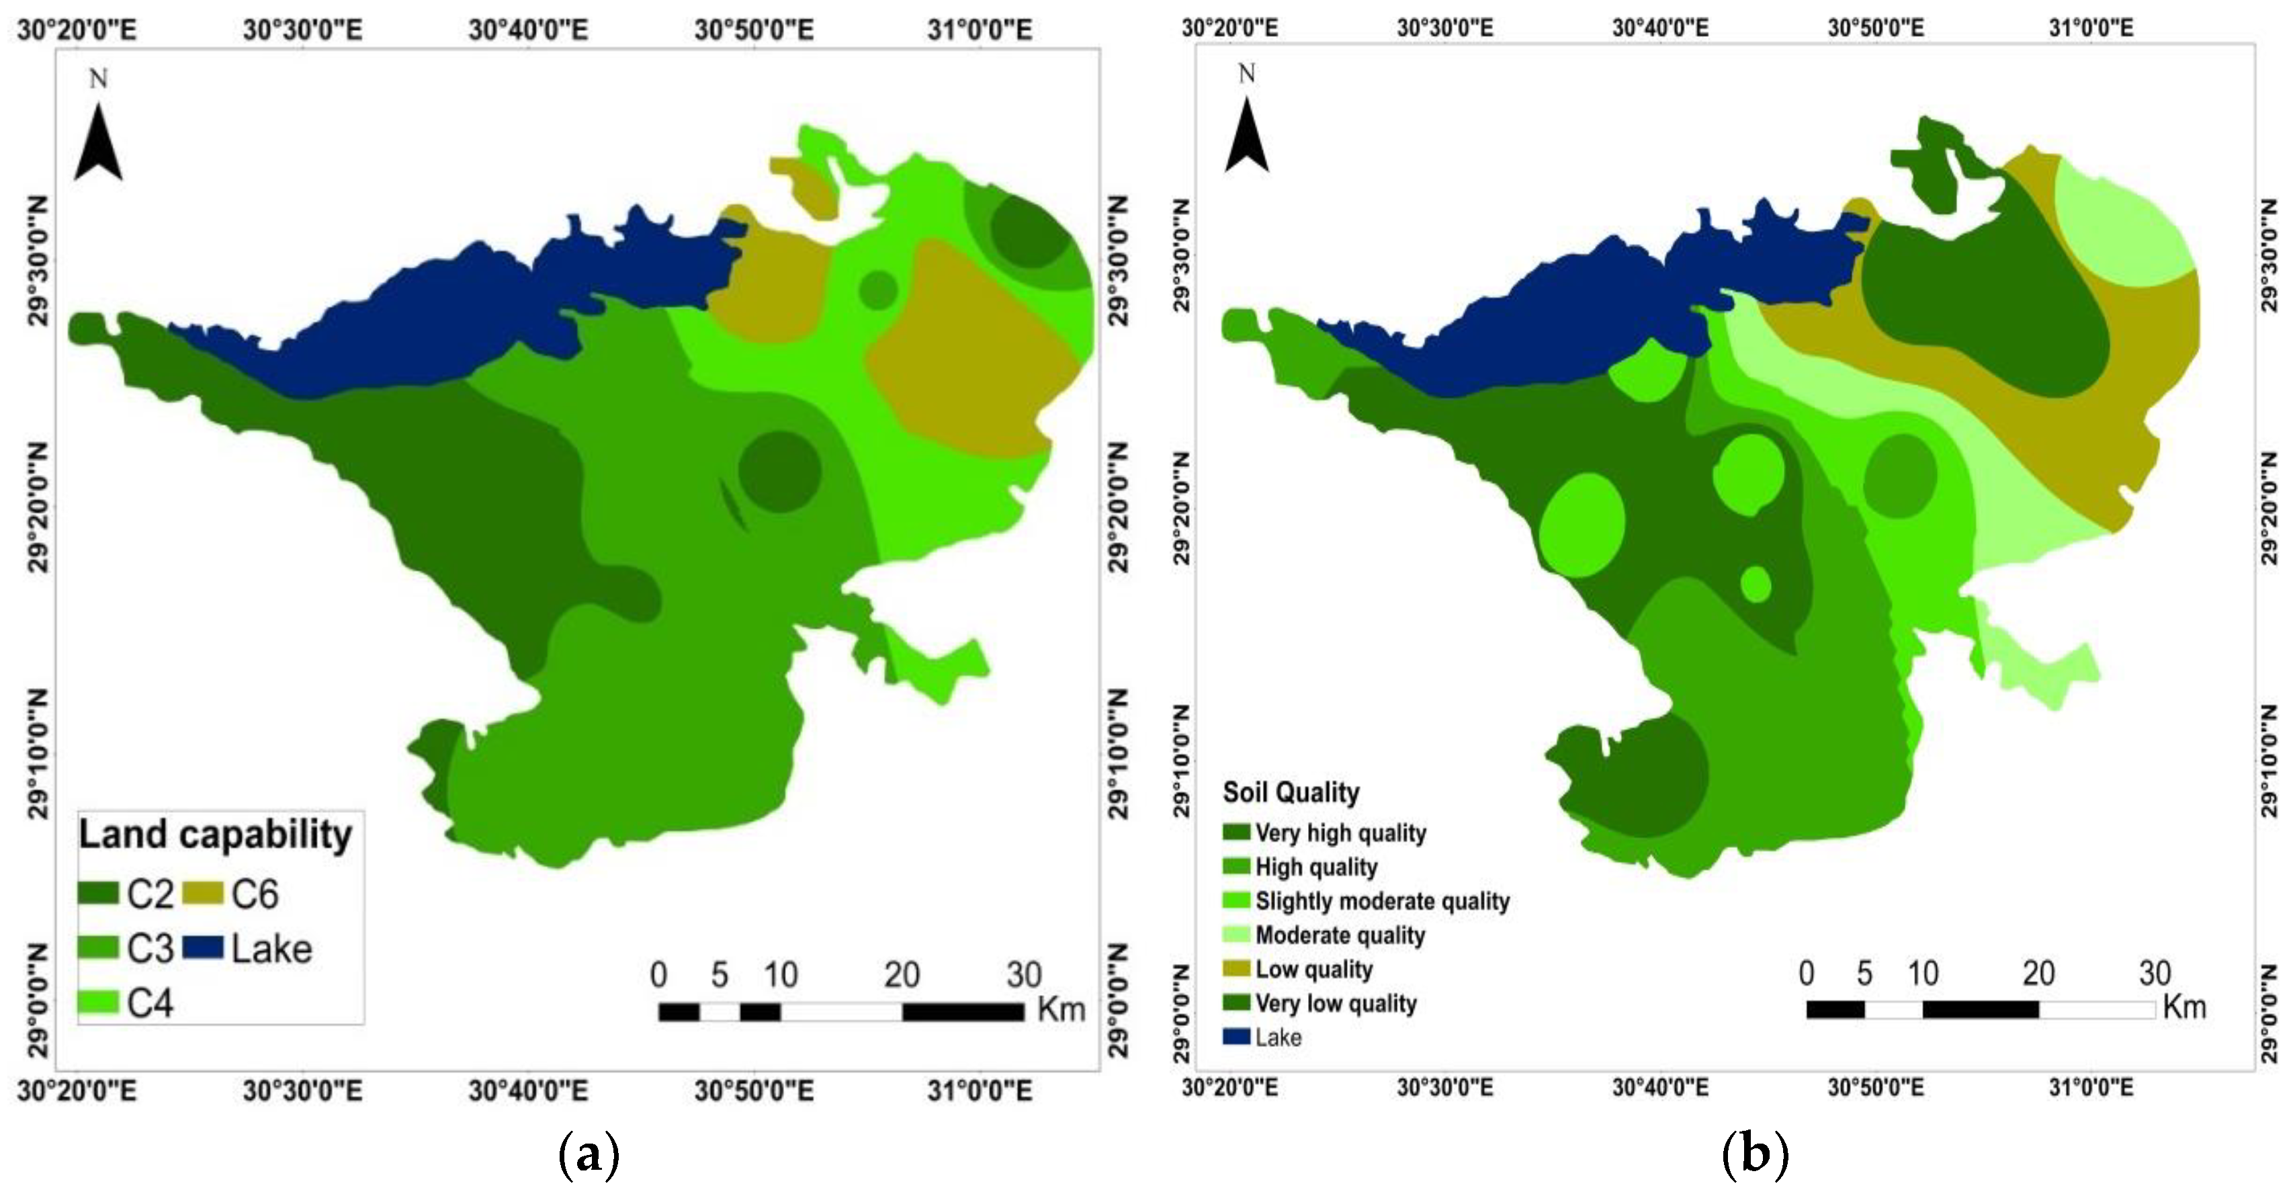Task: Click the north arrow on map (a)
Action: click(98, 142)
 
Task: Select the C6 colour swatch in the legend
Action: click(203, 893)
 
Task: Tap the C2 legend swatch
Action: click(98, 893)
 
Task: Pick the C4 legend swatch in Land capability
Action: click(98, 1002)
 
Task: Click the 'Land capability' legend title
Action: click(216, 835)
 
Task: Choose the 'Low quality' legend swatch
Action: click(1238, 969)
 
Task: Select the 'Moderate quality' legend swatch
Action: click(1238, 935)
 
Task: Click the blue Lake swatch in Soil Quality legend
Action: click(1238, 1037)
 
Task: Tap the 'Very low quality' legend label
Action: click(1335, 1004)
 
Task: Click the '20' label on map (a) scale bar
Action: click(902, 975)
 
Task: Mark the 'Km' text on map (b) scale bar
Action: click(2184, 1007)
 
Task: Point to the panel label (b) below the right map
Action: click(1754, 1155)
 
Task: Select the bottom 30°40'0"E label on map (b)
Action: click(1660, 1087)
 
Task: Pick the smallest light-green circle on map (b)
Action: click(1756, 584)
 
